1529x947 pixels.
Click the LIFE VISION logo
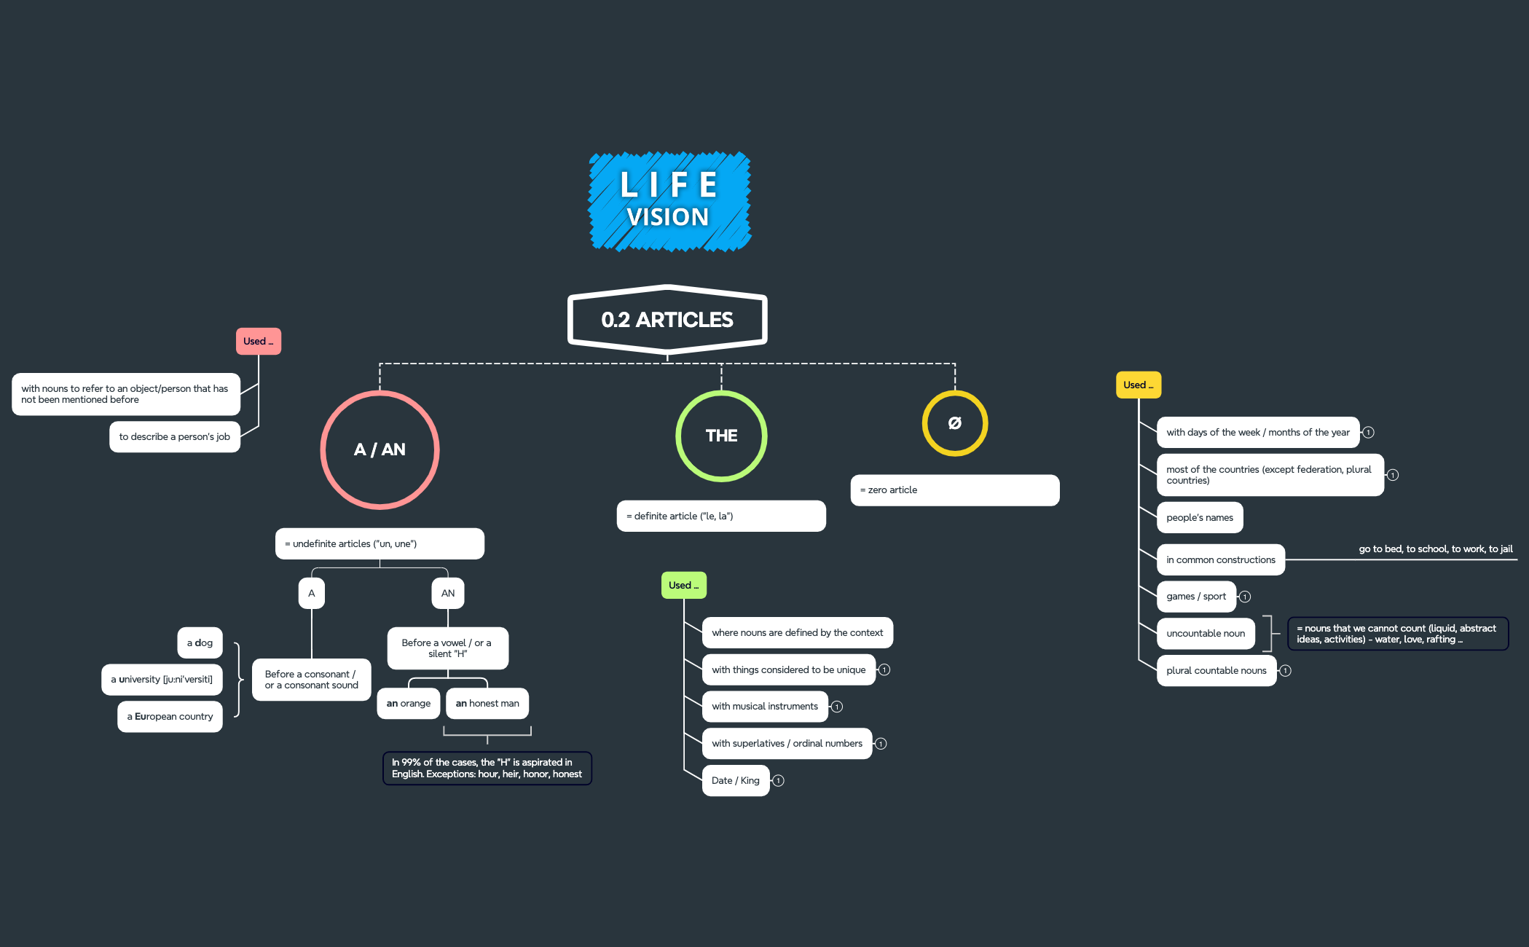[669, 202]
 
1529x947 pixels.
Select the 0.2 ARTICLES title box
[667, 319]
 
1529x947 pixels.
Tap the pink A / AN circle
[380, 449]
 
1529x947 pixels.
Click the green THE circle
[721, 436]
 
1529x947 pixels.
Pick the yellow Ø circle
[955, 423]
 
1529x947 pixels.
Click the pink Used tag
[259, 341]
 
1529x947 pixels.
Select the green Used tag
[684, 585]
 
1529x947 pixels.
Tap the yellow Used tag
[1139, 385]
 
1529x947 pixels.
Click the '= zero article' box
[955, 490]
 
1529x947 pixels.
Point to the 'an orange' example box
[409, 704]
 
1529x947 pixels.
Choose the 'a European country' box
[170, 717]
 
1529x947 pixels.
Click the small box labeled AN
[448, 593]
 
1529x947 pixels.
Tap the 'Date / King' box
[736, 781]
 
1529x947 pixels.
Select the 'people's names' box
[1200, 518]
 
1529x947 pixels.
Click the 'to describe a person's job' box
[175, 437]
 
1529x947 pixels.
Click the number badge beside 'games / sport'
[1245, 597]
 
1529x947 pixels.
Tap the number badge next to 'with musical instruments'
[837, 707]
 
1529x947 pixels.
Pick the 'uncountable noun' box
[1206, 634]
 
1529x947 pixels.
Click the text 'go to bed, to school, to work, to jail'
[1436, 549]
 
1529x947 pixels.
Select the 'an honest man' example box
[487, 704]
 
